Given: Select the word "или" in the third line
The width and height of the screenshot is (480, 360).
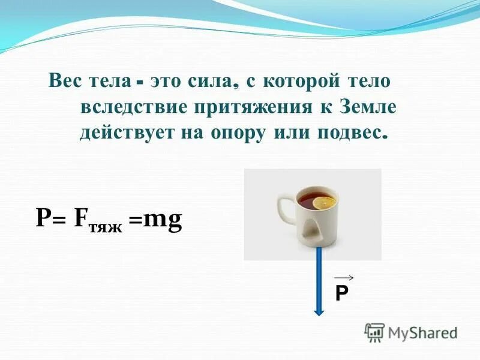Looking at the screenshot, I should (x=288, y=133).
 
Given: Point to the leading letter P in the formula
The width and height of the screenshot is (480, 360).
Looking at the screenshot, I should (x=43, y=220).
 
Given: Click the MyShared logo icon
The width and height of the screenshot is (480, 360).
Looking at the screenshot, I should (x=374, y=332).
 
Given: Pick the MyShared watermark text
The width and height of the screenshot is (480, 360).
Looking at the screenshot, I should (x=423, y=332).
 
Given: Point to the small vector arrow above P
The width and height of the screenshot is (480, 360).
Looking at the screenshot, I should (x=344, y=277).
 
